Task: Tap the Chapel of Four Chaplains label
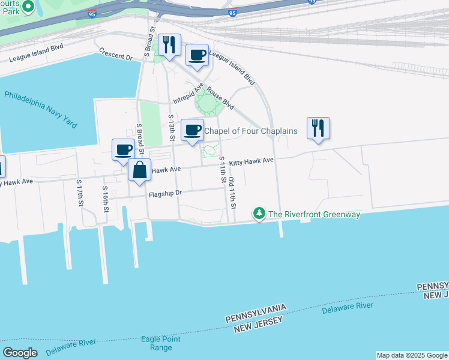click(251, 131)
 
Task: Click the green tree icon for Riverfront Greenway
click(259, 214)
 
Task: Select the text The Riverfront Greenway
click(314, 214)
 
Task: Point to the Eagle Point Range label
click(160, 343)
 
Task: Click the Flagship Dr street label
click(166, 193)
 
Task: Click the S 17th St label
click(79, 192)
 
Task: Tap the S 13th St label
click(171, 128)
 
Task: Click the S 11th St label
click(222, 170)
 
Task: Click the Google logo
click(20, 353)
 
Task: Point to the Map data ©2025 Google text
click(412, 355)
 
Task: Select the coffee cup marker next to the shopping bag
click(124, 150)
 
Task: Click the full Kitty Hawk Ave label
click(251, 161)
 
